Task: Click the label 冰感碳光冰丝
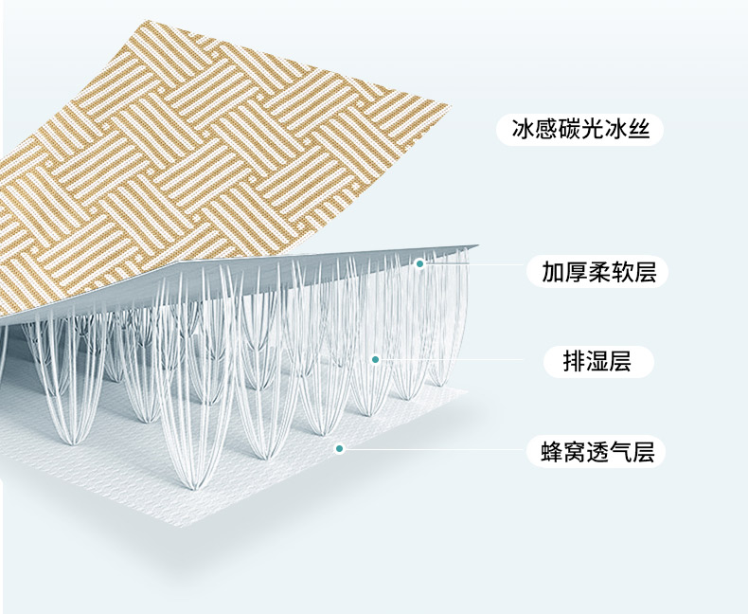click(579, 130)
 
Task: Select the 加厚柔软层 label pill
click(598, 273)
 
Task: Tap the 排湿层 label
click(598, 361)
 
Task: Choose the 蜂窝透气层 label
click(597, 452)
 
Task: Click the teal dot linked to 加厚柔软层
click(419, 263)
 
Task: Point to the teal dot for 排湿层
click(375, 359)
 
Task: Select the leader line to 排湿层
click(454, 360)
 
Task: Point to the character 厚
click(576, 273)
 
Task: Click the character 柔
click(598, 273)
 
